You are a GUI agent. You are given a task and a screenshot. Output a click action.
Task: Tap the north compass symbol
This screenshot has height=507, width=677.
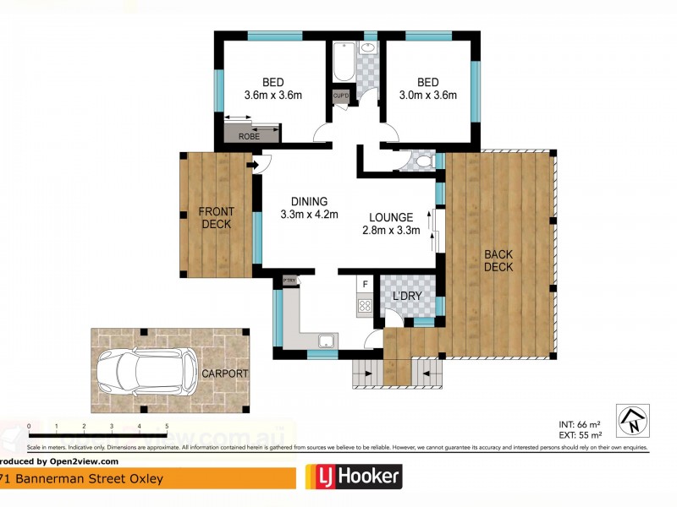[634, 418]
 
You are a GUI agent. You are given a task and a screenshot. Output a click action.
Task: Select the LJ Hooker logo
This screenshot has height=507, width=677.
[353, 477]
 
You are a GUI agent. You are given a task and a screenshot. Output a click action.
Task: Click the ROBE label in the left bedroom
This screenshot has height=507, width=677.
[249, 135]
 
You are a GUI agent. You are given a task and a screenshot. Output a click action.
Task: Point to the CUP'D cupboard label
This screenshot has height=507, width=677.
[340, 95]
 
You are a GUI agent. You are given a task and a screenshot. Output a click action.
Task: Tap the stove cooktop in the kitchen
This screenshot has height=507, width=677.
[365, 307]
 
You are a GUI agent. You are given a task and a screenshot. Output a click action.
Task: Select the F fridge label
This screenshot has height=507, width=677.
[365, 285]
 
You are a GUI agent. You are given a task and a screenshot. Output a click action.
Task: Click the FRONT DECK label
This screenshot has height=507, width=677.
[216, 218]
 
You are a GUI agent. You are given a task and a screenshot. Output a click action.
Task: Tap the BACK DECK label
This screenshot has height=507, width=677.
[498, 261]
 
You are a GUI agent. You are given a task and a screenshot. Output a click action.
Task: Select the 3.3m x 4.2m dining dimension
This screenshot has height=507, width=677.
[309, 215]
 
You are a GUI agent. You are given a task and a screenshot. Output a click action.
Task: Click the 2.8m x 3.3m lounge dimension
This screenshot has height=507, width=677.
[391, 231]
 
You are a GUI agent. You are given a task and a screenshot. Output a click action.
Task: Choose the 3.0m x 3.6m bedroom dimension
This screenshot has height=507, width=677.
[427, 95]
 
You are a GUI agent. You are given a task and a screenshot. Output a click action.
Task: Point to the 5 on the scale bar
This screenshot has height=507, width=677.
[167, 426]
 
